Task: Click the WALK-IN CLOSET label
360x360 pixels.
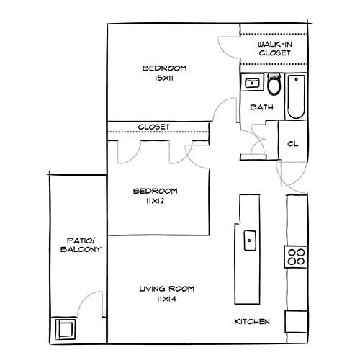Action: (274, 49)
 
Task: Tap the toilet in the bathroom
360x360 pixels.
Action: (274, 86)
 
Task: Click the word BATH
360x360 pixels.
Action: (260, 108)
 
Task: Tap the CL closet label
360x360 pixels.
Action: (292, 143)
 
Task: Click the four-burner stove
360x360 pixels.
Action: (296, 256)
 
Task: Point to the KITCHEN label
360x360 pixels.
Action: (252, 321)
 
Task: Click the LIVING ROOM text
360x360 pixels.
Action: (167, 289)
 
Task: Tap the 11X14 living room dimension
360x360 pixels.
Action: (167, 299)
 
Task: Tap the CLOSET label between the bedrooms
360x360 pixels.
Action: (153, 127)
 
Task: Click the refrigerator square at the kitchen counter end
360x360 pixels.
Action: (296, 320)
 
